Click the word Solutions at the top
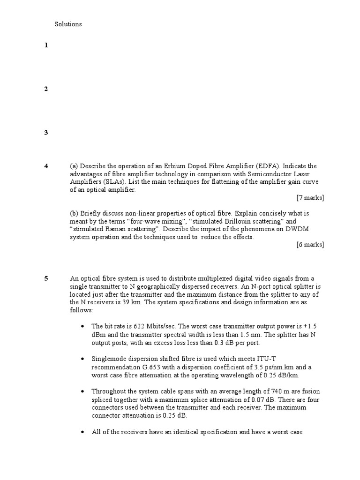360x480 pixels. click(68, 24)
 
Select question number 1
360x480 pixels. click(46, 45)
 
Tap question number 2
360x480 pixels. click(46, 89)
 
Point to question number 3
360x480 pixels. click(46, 133)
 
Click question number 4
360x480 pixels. click(46, 166)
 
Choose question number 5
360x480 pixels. click(46, 278)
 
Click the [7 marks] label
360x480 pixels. click(310, 198)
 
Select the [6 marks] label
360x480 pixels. click(310, 245)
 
